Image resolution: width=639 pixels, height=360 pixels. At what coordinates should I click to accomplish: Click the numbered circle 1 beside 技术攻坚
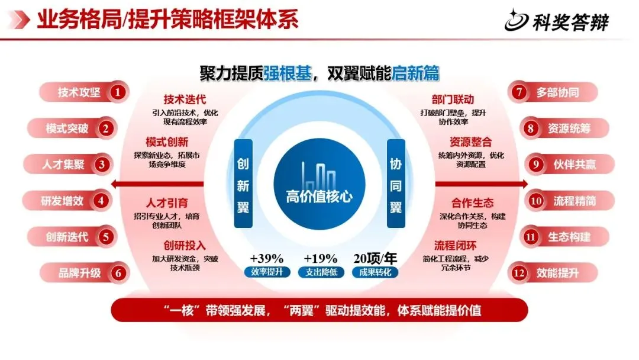point(118,92)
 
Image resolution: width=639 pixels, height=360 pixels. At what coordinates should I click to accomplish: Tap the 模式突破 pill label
point(67,128)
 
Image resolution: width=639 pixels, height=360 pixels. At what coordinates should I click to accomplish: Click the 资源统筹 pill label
point(569,128)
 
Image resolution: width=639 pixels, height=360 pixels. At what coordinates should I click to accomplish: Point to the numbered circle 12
point(519,273)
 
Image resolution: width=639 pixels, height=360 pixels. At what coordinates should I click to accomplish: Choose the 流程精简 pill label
point(575,201)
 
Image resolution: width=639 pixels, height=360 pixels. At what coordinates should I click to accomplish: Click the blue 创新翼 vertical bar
point(243,184)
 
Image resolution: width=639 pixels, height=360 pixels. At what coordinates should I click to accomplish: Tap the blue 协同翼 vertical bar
point(396,184)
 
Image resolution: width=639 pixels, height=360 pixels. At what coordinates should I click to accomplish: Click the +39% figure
point(266,259)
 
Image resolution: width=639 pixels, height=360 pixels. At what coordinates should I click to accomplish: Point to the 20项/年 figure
point(375,259)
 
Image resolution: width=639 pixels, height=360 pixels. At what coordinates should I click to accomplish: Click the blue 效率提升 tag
point(267,273)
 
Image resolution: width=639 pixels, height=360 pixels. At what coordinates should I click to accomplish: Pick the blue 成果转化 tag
point(375,273)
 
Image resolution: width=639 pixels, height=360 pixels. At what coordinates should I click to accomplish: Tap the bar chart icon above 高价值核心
point(319,174)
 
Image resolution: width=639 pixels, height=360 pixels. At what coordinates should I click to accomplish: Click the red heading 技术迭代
point(185,99)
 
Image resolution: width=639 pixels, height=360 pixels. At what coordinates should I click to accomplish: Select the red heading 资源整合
point(470,142)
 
